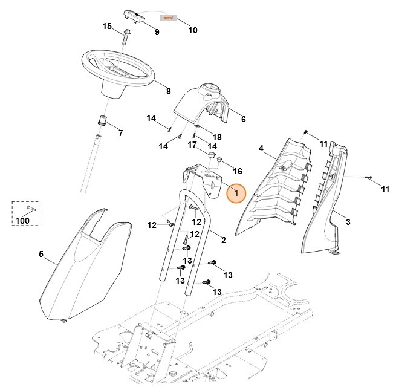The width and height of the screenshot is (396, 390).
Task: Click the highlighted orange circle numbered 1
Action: click(x=236, y=193)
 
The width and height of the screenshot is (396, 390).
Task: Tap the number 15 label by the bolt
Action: click(x=107, y=26)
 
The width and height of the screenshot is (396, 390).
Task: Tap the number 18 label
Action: click(x=216, y=138)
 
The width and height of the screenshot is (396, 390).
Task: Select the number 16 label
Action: click(x=237, y=171)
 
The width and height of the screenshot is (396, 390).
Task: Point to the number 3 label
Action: click(x=348, y=223)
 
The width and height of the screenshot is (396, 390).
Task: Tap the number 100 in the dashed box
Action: click(x=22, y=221)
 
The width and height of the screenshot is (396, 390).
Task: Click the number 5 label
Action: click(x=42, y=254)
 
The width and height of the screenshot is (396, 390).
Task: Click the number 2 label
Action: click(x=223, y=240)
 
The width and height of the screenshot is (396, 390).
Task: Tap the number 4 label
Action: click(x=261, y=148)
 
